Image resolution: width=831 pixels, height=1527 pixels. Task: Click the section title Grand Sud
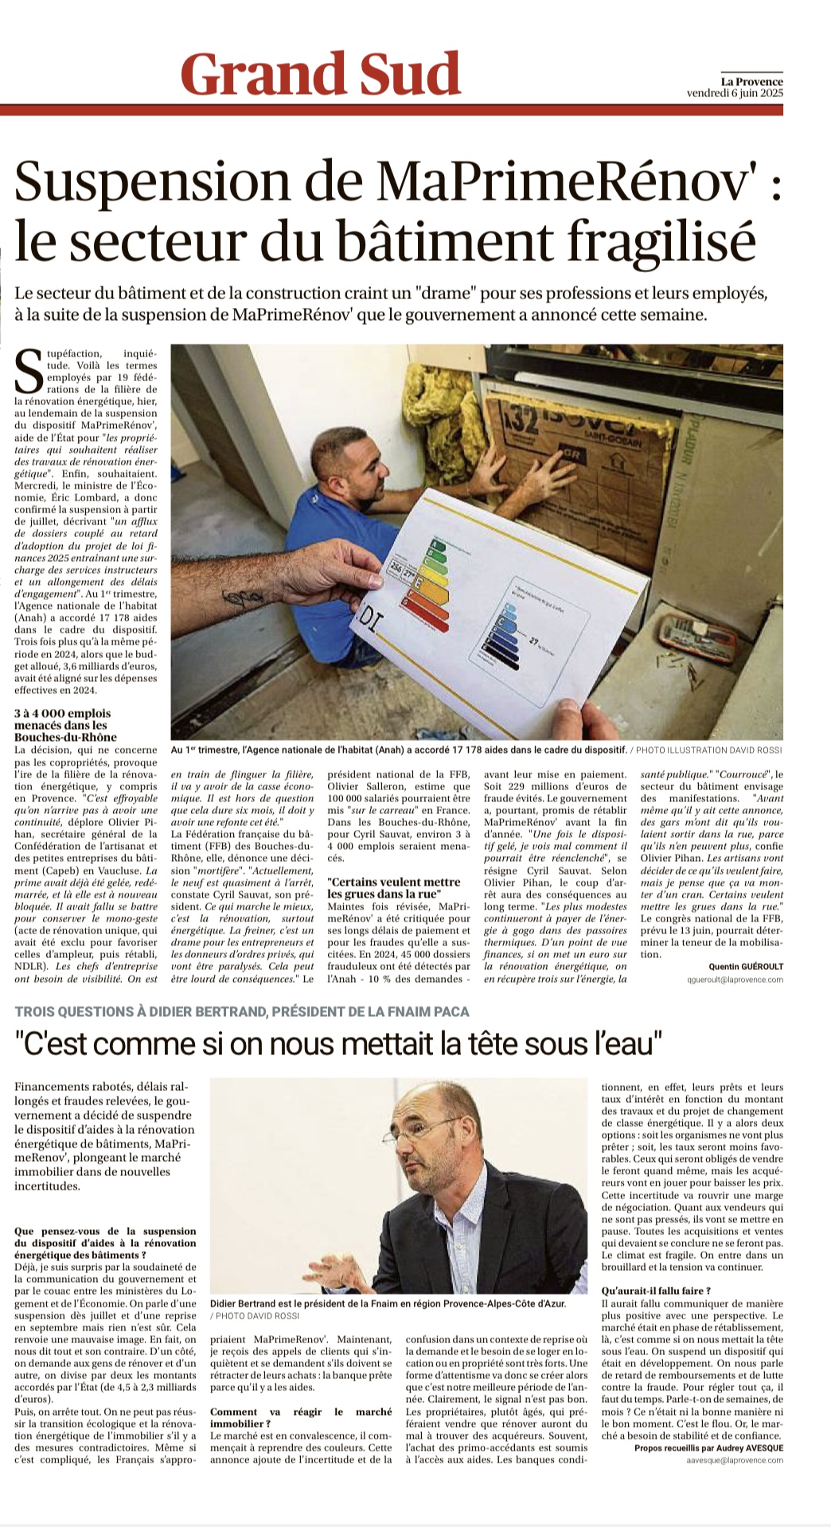(321, 75)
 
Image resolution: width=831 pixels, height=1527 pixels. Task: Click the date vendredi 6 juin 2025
(735, 93)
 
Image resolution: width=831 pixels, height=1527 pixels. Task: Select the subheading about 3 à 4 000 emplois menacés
(63, 725)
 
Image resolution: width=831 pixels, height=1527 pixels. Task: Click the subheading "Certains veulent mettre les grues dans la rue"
(394, 888)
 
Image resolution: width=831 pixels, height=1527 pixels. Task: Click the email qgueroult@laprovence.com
(735, 980)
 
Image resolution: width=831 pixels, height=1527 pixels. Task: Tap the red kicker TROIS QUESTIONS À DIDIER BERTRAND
(242, 1011)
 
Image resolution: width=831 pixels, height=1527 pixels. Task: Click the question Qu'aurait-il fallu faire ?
(657, 1290)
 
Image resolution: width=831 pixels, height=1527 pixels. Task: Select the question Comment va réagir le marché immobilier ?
(300, 1417)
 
